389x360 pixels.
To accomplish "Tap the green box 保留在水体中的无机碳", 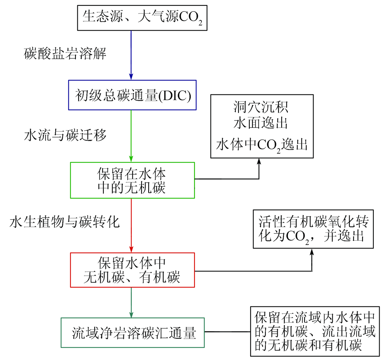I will point(132,180).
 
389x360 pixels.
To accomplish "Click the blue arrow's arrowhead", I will point(131,76).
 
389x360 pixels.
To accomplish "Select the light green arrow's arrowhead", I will point(131,159).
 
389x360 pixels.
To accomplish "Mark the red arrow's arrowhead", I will point(131,249).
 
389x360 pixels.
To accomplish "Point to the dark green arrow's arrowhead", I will point(131,314).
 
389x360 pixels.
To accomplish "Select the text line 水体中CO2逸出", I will point(261,145).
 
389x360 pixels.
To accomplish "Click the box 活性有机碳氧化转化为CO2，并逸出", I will point(314,229).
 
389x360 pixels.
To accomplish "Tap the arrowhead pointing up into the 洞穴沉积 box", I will point(259,161).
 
